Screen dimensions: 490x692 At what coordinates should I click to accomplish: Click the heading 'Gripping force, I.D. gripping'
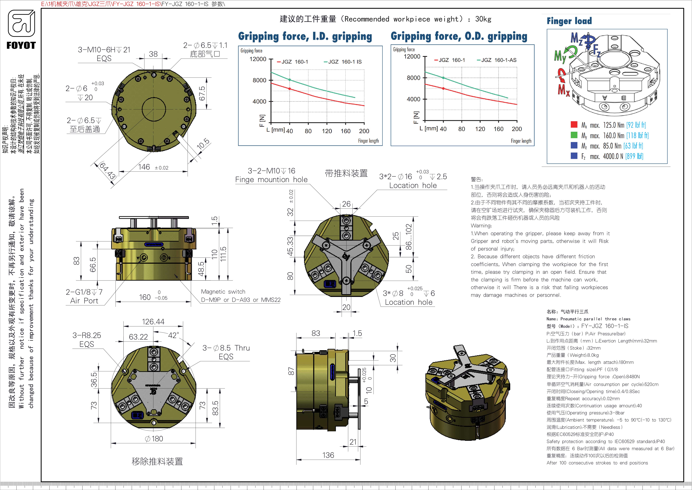pos(305,36)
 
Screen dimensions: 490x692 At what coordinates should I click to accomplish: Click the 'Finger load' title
pos(569,21)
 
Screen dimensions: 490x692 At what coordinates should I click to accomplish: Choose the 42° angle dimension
pos(174,335)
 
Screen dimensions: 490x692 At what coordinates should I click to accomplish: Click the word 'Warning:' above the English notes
pos(481,226)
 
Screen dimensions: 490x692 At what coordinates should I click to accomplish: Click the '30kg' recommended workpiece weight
pos(483,19)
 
